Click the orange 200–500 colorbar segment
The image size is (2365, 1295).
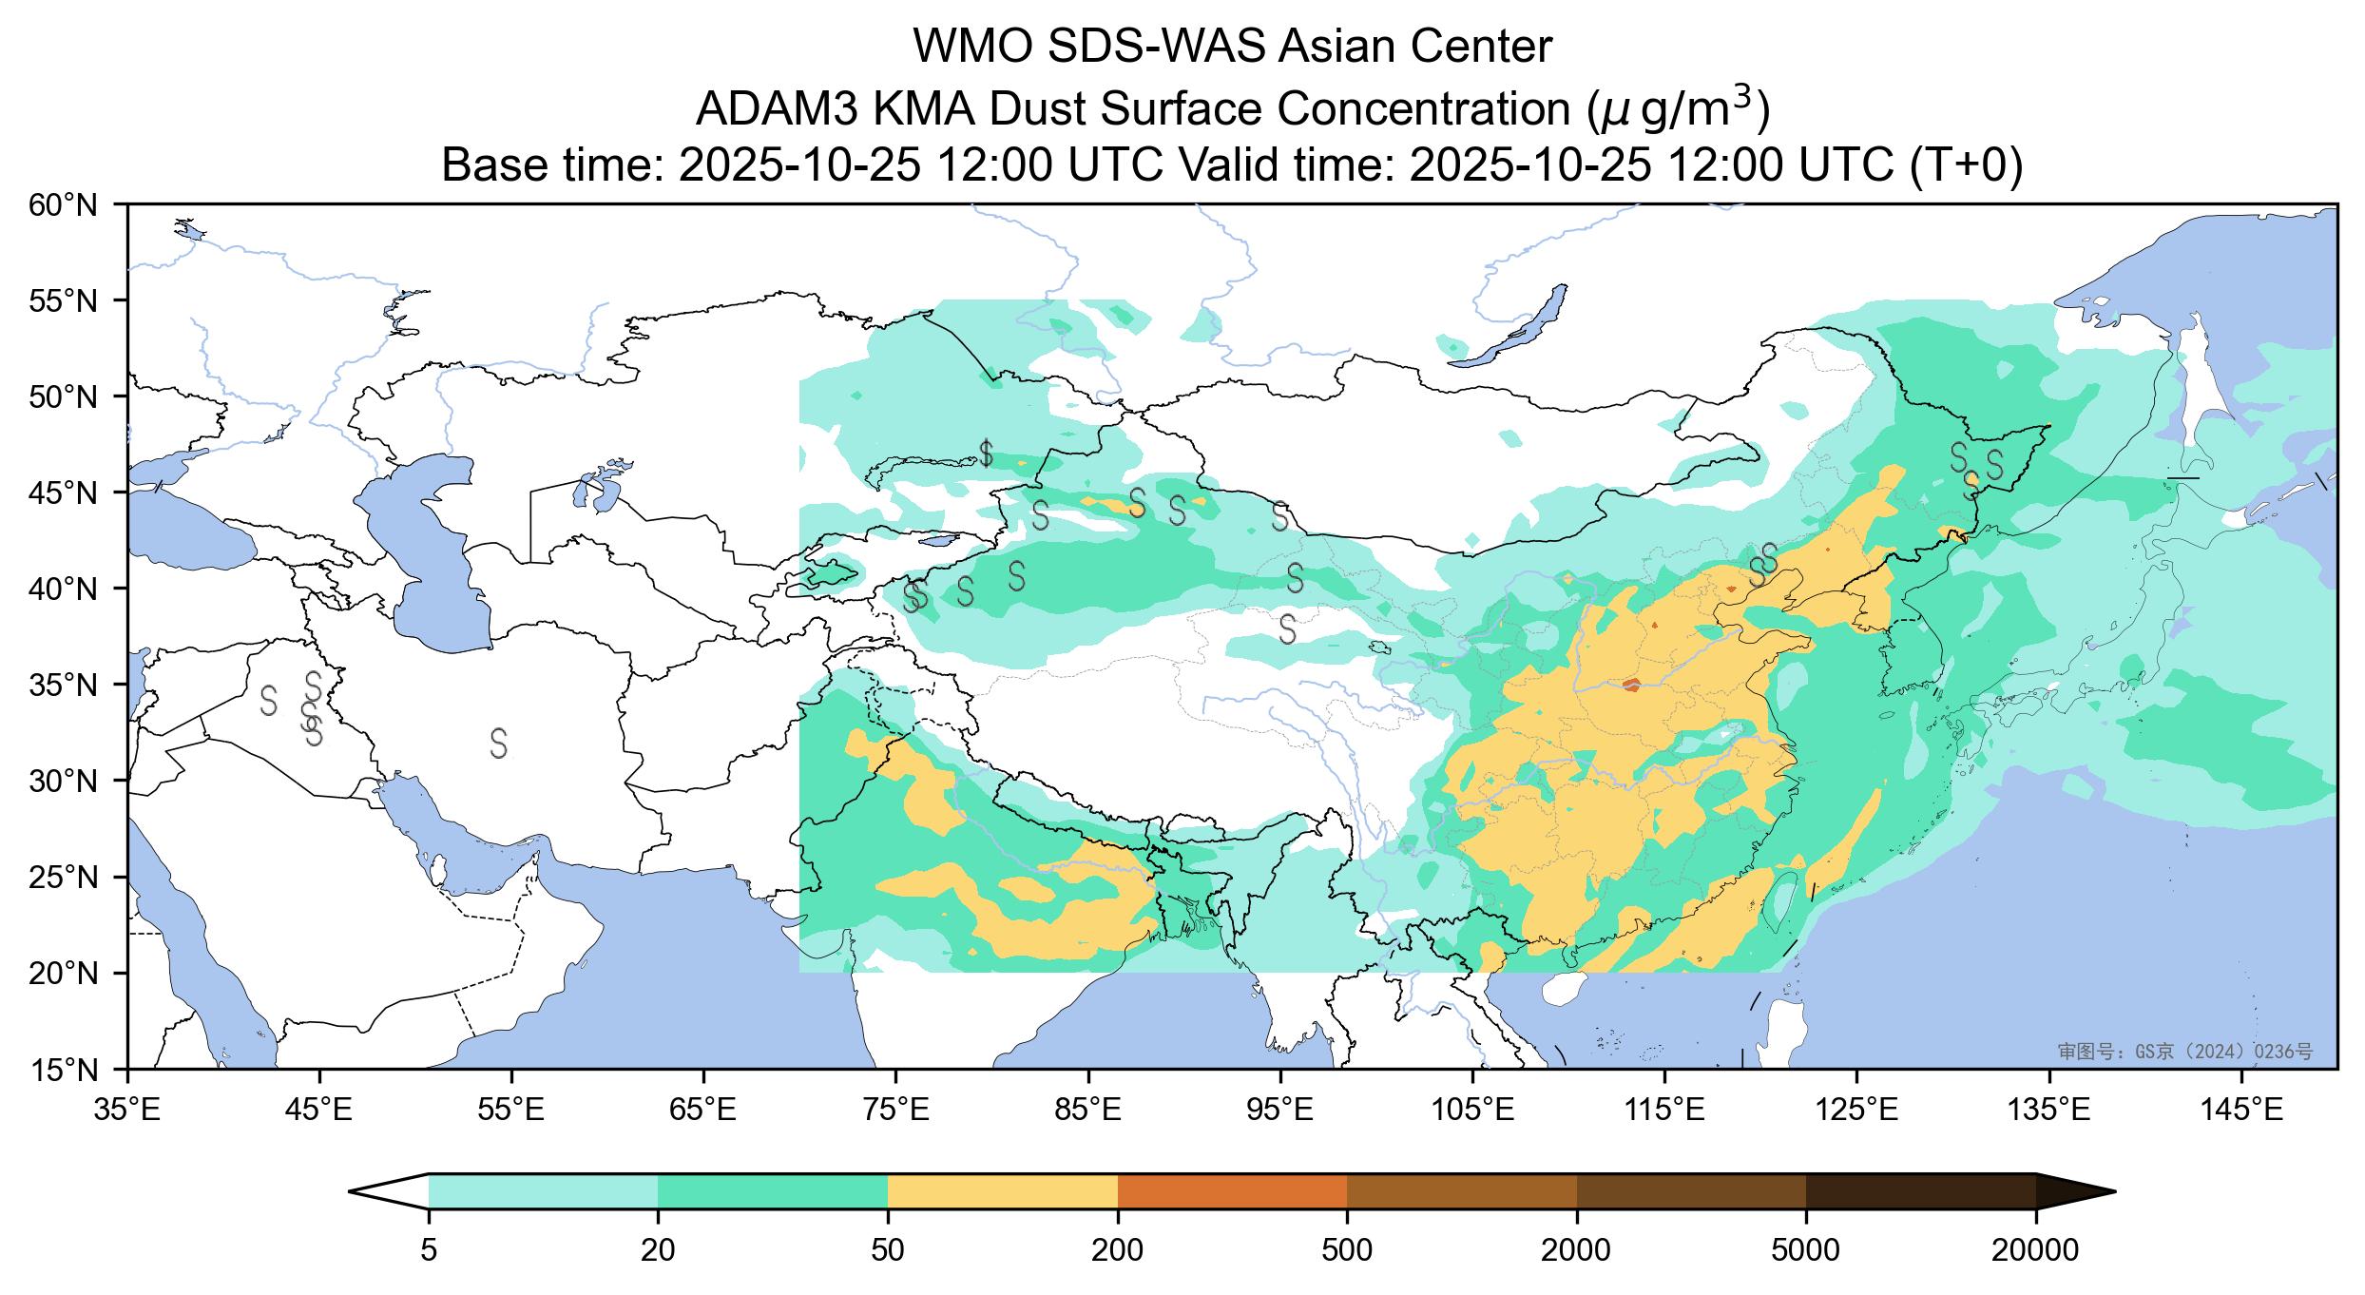point(1232,1191)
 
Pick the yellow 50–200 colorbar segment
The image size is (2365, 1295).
point(1002,1191)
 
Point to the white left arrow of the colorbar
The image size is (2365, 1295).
point(390,1191)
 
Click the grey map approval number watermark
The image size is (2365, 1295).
point(2184,1051)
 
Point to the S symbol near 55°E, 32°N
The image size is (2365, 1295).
point(498,743)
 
